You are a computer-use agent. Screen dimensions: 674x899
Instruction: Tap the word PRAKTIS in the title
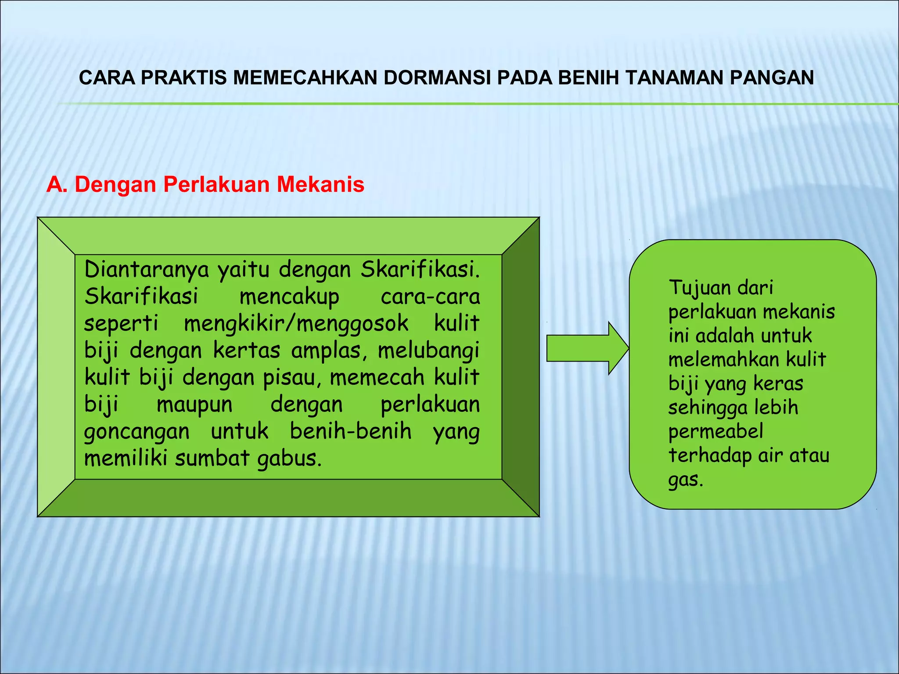[184, 78]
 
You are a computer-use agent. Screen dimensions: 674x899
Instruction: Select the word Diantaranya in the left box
[147, 269]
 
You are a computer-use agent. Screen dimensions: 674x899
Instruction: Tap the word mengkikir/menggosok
[296, 324]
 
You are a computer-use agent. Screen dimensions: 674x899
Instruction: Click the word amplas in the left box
[329, 351]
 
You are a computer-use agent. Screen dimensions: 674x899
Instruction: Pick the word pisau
[292, 378]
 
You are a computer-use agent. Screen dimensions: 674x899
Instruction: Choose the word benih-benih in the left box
[351, 431]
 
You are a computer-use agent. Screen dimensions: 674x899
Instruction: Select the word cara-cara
[430, 297]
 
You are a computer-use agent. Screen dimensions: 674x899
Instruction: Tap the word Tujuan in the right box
[698, 288]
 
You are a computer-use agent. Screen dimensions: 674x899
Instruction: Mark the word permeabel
[716, 432]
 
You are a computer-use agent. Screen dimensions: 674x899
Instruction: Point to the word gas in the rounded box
[685, 480]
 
